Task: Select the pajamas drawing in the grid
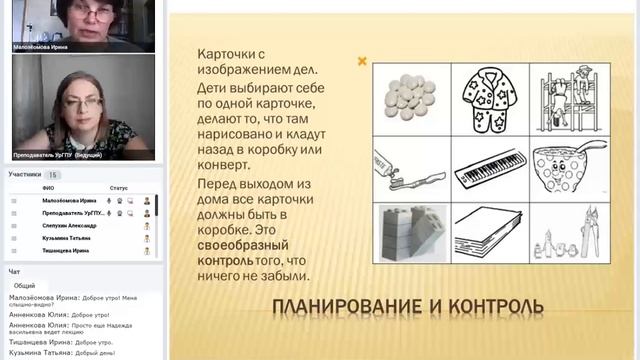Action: pos(490,97)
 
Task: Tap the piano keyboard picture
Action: pos(489,166)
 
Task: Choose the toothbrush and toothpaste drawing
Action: pos(410,166)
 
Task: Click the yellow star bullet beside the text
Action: pos(363,61)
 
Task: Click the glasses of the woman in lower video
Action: pos(78,103)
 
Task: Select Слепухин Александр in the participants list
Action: pos(71,226)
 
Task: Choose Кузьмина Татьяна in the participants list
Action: pos(67,239)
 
